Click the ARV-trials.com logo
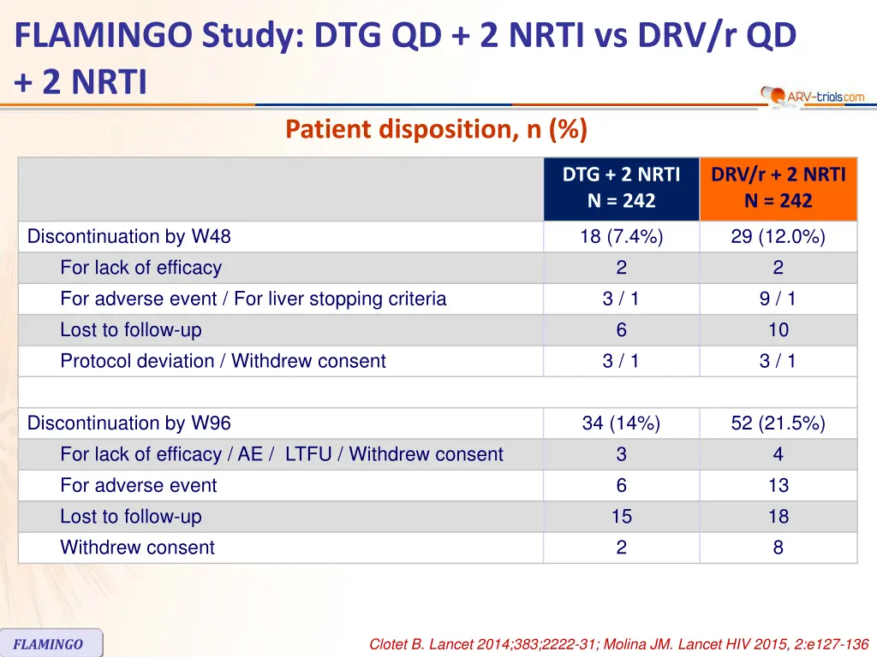813,96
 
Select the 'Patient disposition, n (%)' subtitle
436,130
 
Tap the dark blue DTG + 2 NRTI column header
621,188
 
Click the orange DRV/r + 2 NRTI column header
778,188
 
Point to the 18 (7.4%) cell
621,237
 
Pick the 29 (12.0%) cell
778,237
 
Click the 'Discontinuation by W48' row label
129,237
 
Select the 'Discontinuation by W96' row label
129,423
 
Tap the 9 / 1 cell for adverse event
778,299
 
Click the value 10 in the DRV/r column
778,330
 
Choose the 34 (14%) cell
621,423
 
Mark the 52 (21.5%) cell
778,423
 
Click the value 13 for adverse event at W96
778,486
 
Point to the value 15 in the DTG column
621,517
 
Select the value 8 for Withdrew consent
778,547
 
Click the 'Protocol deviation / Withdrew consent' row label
223,361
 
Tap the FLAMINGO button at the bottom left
50,643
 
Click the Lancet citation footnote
618,644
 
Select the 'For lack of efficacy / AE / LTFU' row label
281,454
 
